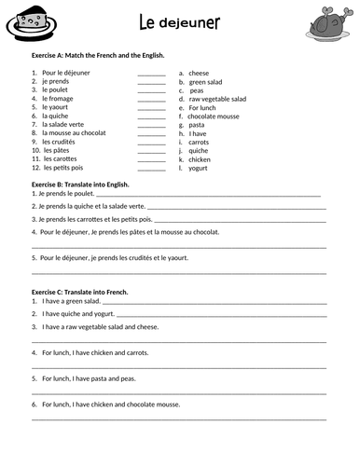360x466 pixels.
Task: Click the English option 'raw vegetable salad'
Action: pyautogui.click(x=217, y=98)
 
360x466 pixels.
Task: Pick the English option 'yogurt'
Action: pyautogui.click(x=199, y=168)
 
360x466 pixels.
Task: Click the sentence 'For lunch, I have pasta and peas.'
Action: pyautogui.click(x=90, y=378)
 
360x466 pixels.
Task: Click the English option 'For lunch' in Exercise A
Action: pyautogui.click(x=203, y=106)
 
